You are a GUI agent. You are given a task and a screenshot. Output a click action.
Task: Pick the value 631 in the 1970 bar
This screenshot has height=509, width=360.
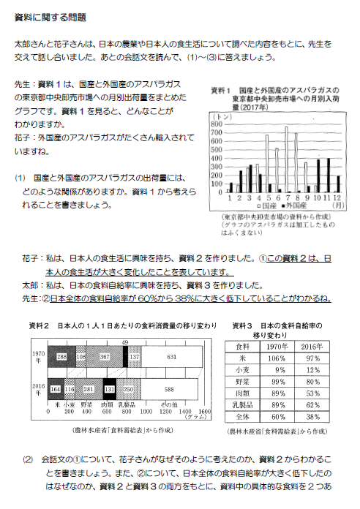[x=171, y=357]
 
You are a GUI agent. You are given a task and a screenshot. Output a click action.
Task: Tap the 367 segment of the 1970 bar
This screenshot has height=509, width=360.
[x=104, y=357]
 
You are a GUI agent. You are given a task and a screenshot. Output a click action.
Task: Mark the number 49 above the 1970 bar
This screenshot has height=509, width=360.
[x=125, y=342]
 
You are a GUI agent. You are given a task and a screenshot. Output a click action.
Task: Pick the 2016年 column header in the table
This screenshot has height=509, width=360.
[x=312, y=346]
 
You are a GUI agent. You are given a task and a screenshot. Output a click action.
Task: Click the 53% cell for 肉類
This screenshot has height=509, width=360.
[x=312, y=395]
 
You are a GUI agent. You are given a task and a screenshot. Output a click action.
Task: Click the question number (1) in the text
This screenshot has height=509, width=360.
[x=20, y=178]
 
